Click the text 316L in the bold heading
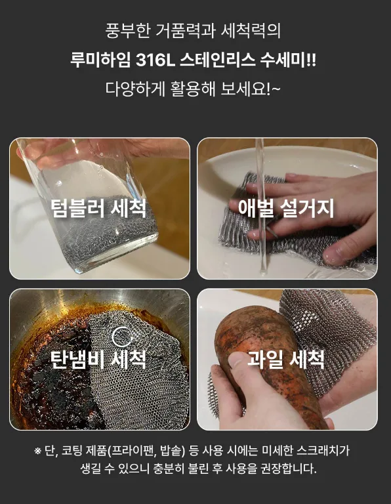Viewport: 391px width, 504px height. point(155,60)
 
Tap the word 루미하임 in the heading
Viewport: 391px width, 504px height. point(100,60)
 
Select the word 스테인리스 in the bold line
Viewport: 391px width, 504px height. point(218,60)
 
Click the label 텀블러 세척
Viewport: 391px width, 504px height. point(98,208)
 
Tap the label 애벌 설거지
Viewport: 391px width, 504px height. point(286,208)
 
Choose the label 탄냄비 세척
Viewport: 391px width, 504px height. point(98,359)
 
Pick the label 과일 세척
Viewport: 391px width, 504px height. point(286,359)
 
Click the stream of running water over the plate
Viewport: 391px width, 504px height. point(261,205)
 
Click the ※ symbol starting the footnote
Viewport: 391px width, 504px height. point(38,451)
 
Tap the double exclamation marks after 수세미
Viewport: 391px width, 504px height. point(312,60)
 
